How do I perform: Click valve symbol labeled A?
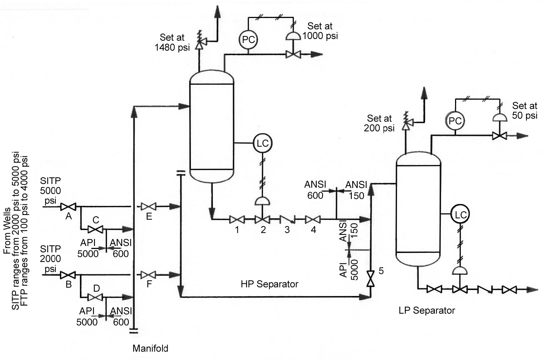click(68, 207)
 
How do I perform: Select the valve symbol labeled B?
click(68, 275)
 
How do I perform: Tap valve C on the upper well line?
click(95, 229)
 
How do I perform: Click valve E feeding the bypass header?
click(148, 207)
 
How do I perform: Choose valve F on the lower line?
click(148, 275)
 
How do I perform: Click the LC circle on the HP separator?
click(263, 143)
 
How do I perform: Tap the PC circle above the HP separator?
click(249, 40)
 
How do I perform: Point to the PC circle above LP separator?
click(455, 121)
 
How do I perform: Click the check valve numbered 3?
click(287, 220)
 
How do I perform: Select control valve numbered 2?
click(263, 220)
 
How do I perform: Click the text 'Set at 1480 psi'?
click(172, 42)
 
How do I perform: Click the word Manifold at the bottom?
click(150, 349)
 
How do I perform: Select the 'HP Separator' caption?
click(269, 284)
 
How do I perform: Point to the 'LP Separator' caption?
click(426, 311)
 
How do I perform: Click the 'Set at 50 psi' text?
click(525, 111)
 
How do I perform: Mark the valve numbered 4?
click(313, 220)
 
